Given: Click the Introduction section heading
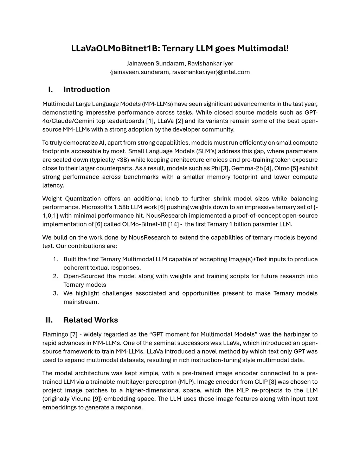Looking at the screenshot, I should pos(86,90).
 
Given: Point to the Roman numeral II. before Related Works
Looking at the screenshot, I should pos(49,320).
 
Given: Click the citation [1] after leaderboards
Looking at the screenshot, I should pos(150,121).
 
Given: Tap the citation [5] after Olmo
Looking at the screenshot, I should pos(295,168).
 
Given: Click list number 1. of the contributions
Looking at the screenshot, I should pos(56,259).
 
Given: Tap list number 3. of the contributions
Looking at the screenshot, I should pos(56,293).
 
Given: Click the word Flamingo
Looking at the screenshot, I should pos(55,334).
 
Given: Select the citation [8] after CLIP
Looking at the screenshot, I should pos(272,382).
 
